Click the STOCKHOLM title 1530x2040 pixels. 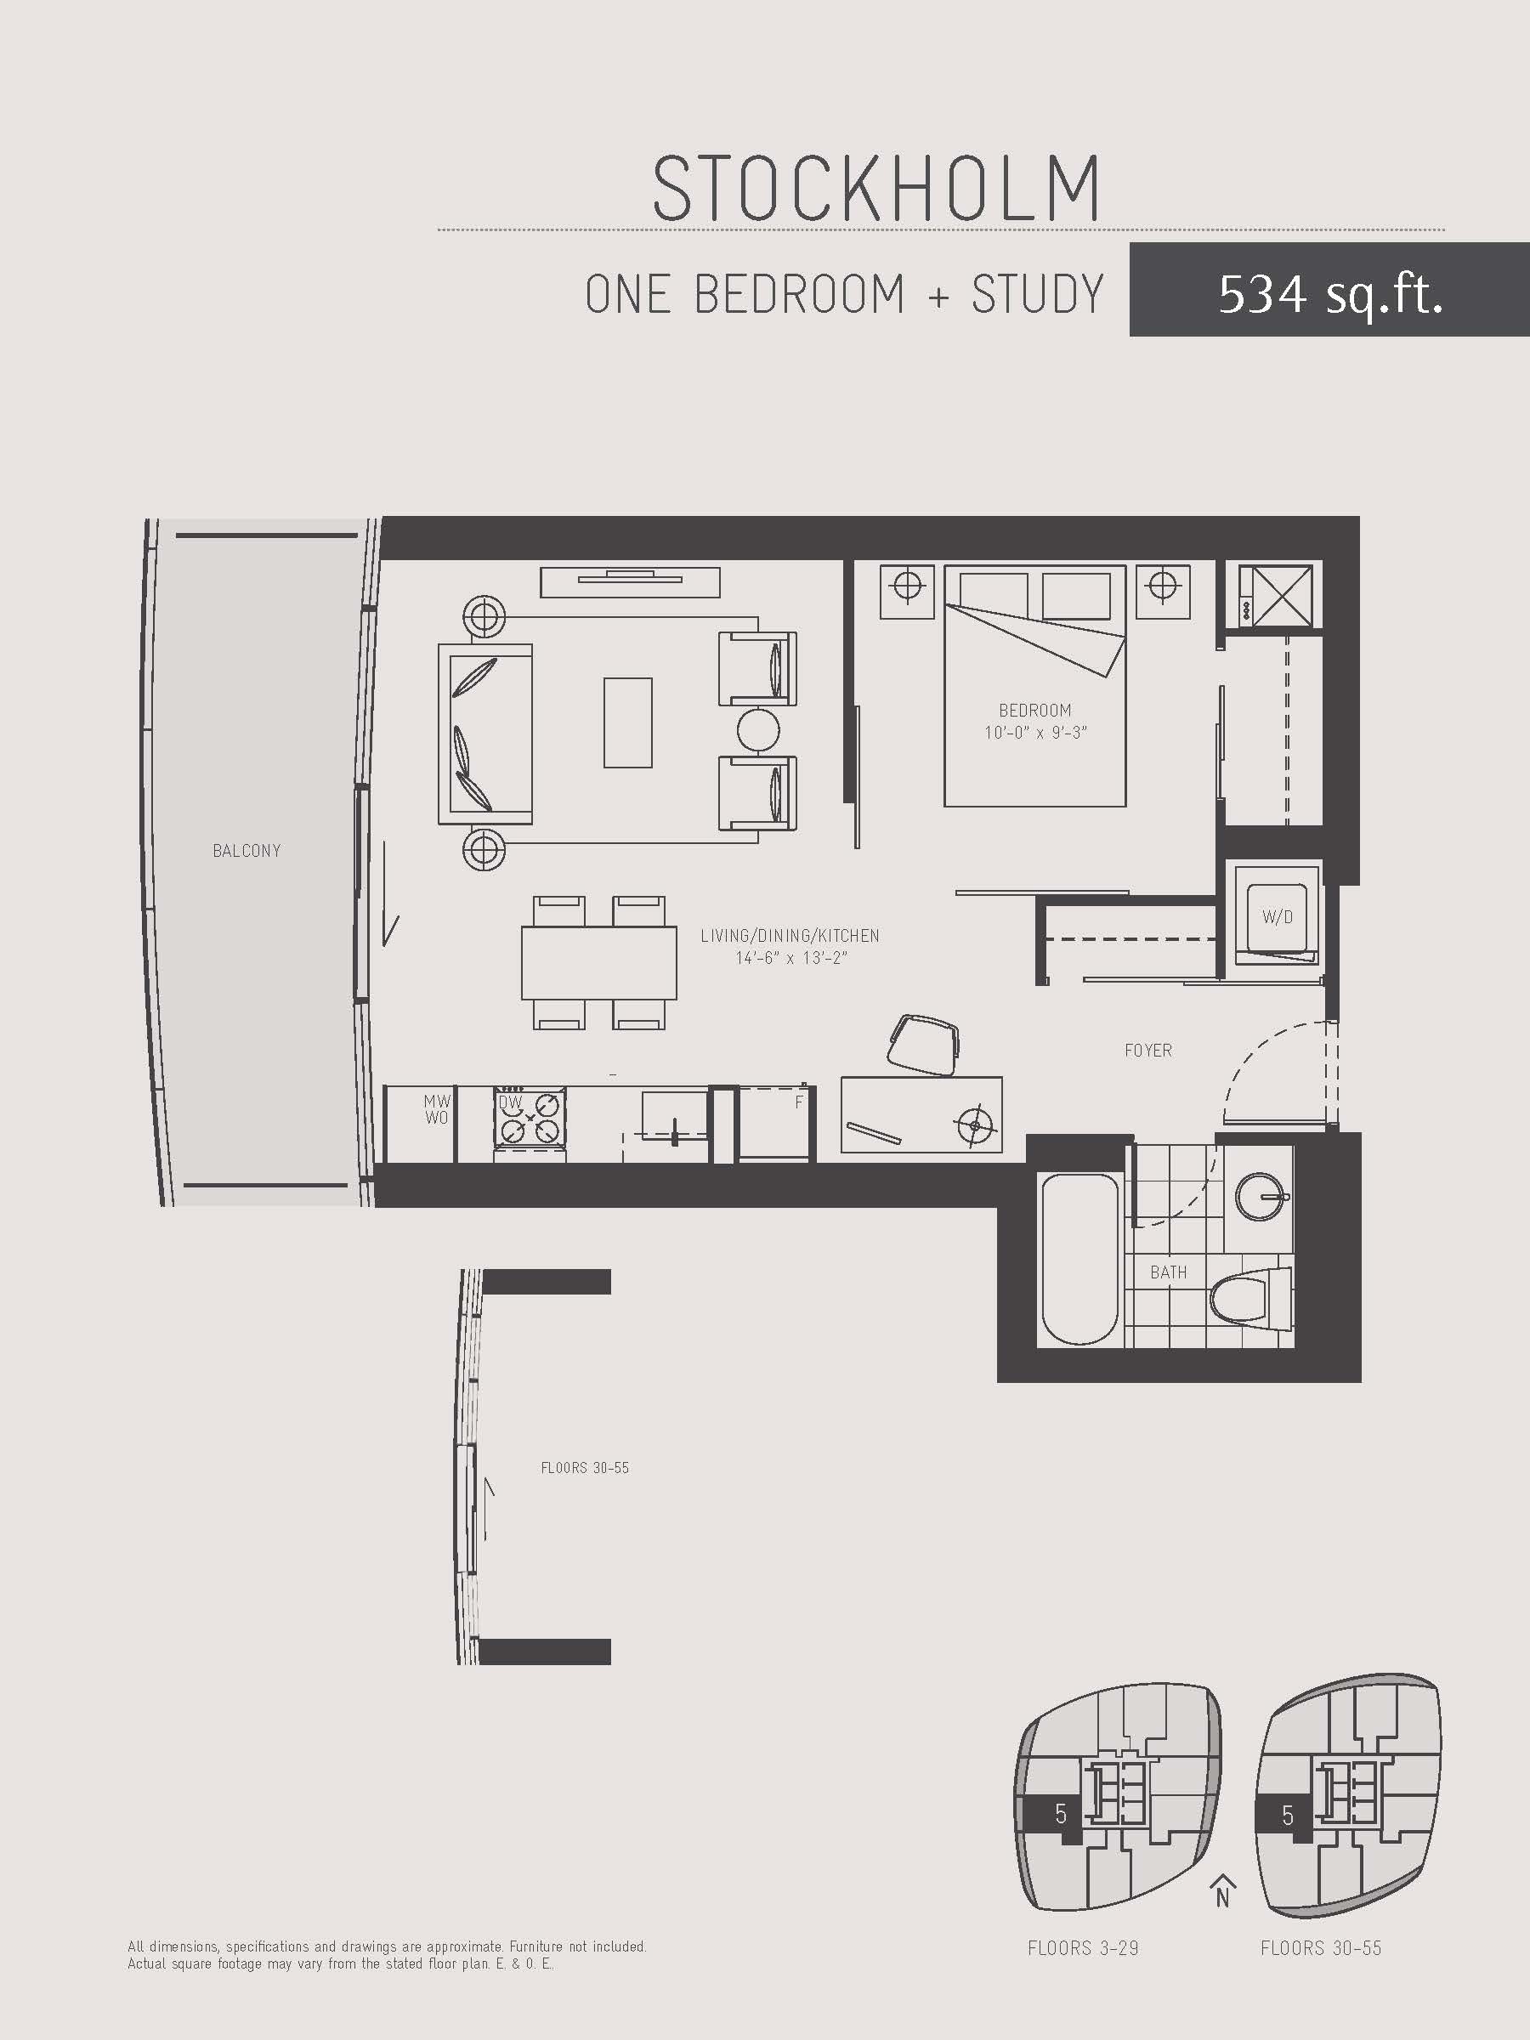coord(876,188)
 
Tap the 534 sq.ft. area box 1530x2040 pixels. coord(1329,290)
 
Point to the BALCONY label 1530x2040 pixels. coord(246,850)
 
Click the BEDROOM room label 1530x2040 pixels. coord(1034,710)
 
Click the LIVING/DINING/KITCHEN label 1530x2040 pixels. coord(790,935)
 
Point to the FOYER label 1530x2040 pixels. coord(1148,1051)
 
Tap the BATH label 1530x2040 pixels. coord(1169,1272)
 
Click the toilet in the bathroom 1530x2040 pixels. coord(1251,1299)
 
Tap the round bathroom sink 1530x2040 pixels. coord(1261,1196)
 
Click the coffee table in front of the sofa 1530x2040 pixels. coord(628,722)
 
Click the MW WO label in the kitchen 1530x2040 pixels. coord(436,1109)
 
